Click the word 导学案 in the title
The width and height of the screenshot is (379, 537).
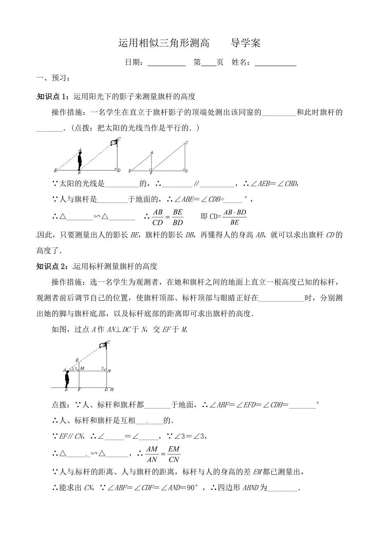click(x=246, y=43)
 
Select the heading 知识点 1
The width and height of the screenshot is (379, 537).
click(x=53, y=97)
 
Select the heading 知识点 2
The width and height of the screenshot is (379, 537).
click(x=53, y=266)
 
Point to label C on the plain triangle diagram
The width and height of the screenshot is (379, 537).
click(x=187, y=143)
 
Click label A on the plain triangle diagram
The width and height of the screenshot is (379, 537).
click(x=152, y=153)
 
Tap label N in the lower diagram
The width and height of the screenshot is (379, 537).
click(x=109, y=371)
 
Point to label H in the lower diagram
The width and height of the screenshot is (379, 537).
click(x=112, y=390)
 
